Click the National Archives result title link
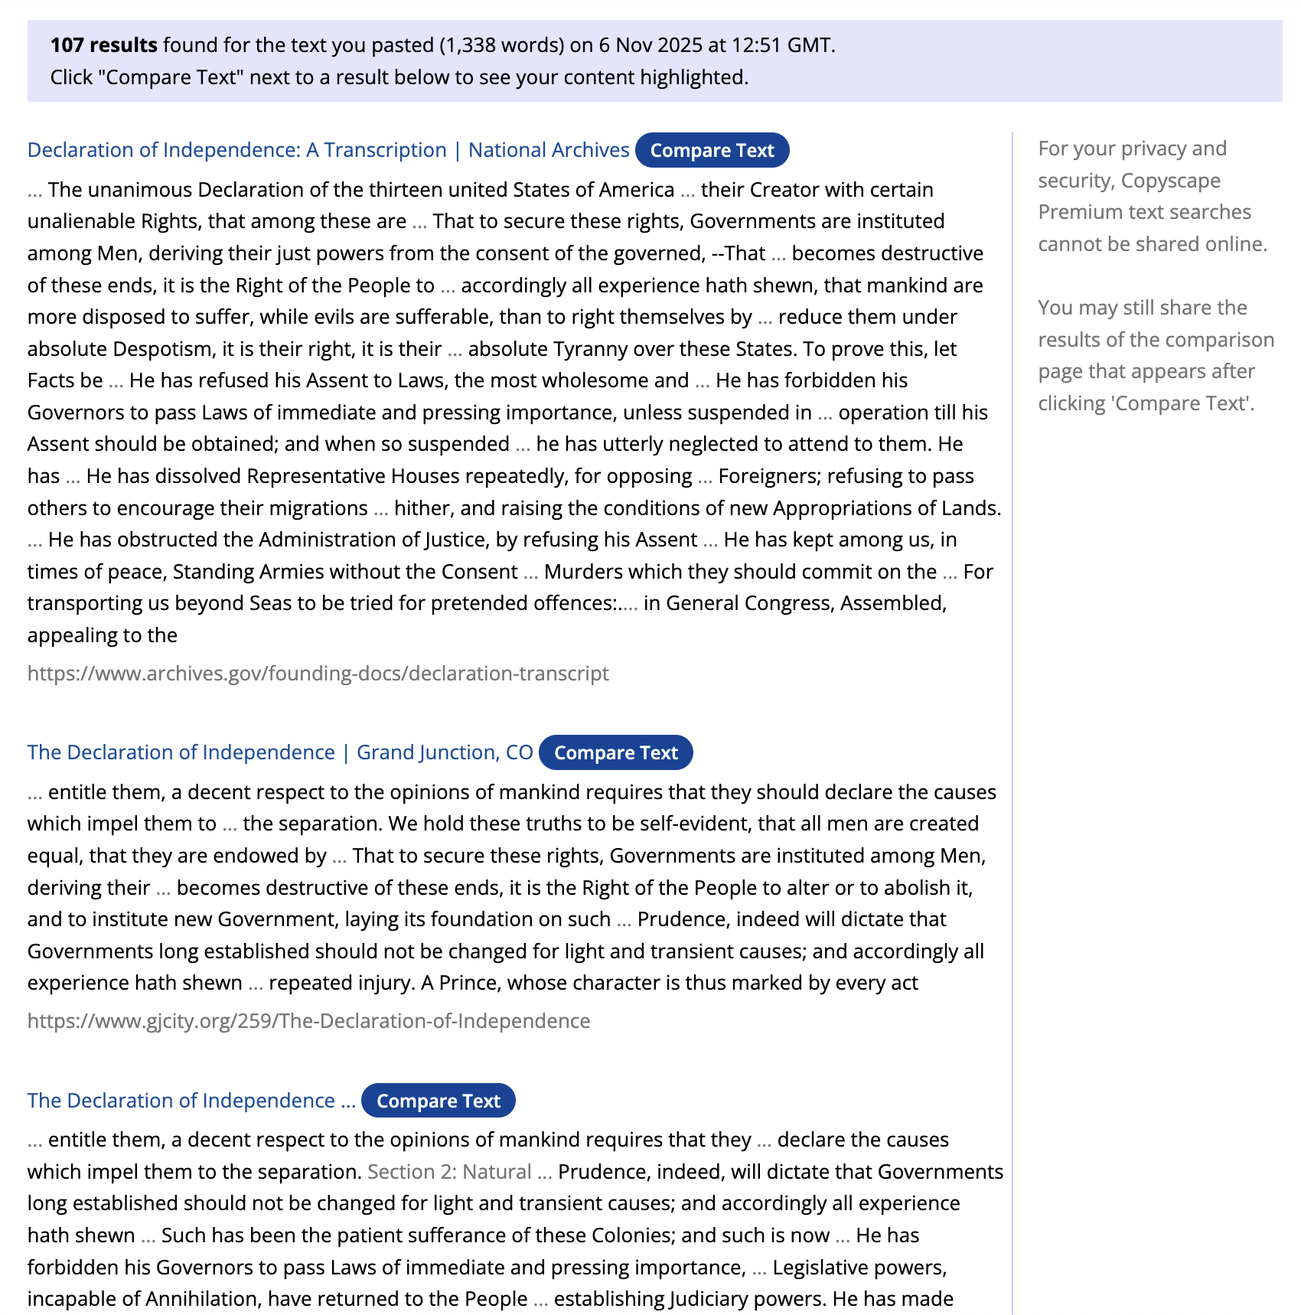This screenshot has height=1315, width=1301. (x=328, y=150)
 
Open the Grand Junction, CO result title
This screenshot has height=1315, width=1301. (x=279, y=752)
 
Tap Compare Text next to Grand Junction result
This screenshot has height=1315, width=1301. (x=615, y=753)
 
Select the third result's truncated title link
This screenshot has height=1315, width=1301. (x=191, y=1101)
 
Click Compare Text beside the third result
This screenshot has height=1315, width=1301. (x=438, y=1101)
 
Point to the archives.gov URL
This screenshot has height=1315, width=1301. (x=318, y=674)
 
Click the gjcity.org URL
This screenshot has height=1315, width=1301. (x=308, y=1021)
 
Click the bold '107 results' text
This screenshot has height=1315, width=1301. (x=103, y=45)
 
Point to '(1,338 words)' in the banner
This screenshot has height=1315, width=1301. (x=501, y=45)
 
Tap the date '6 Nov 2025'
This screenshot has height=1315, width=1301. (x=650, y=45)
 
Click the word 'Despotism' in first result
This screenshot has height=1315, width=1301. (x=163, y=349)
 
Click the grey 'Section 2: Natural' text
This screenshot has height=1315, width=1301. (x=449, y=1172)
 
